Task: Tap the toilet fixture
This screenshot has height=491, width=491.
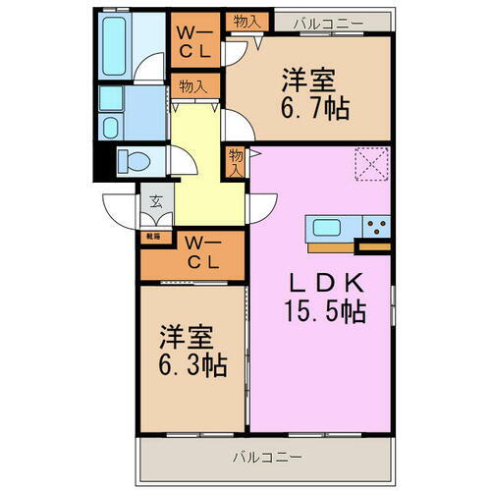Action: coord(133,161)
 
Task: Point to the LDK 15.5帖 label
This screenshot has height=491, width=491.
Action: coord(327,298)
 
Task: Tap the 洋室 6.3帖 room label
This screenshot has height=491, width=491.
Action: coord(191,352)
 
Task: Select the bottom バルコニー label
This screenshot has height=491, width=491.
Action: coord(266,457)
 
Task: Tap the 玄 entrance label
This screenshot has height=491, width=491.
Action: coord(156,203)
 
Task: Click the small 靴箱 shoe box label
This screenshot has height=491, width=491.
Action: coord(154,236)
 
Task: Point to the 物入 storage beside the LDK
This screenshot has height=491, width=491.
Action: coord(236,161)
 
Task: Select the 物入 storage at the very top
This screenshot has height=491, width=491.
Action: coord(245,19)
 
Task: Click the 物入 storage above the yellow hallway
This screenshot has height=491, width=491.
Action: coord(192,86)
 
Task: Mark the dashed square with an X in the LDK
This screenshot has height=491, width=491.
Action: coord(371,164)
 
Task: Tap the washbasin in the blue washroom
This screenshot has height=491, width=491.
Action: coord(110,100)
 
